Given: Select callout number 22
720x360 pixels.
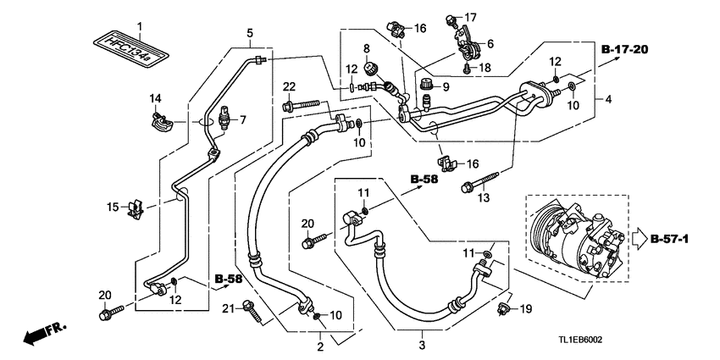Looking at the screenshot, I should (x=289, y=86).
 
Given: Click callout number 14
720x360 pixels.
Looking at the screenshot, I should (x=155, y=100).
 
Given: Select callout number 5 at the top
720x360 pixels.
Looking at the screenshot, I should (x=250, y=34).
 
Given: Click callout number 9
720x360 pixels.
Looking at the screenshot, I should (x=446, y=86).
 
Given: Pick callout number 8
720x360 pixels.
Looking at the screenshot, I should (x=367, y=47).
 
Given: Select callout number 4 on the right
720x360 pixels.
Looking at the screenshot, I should (x=606, y=99).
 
